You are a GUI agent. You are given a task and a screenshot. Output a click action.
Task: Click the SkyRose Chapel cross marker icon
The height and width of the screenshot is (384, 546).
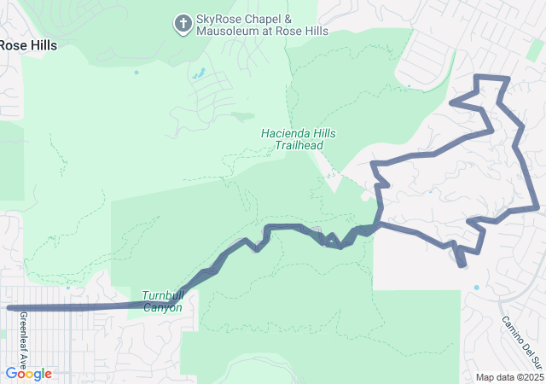coord(183,24)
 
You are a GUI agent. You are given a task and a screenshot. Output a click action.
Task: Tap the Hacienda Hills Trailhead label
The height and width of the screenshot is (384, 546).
coord(299,140)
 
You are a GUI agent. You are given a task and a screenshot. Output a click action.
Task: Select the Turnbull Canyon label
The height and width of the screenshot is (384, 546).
coord(162,301)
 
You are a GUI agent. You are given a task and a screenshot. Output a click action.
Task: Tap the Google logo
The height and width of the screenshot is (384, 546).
coord(28,374)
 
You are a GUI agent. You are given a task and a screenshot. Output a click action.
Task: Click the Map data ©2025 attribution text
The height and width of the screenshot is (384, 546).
coord(509,377)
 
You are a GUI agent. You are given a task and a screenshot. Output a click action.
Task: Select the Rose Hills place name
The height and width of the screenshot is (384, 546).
coord(28,45)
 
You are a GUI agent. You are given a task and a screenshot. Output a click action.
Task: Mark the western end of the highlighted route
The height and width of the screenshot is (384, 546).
coord(9,307)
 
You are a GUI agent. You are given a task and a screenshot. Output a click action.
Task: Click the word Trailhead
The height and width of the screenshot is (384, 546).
coord(299,146)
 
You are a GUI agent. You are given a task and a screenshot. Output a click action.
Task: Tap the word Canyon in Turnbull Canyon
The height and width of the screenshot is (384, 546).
coord(163,308)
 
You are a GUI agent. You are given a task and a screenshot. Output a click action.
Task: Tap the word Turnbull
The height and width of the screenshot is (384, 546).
coord(162,295)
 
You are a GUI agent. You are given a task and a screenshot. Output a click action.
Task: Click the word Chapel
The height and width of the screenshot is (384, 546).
coord(265,19)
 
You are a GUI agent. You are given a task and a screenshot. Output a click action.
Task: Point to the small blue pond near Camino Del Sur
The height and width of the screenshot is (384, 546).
coord(476,288)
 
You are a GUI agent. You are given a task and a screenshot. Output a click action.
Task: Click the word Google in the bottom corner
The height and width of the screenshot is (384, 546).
coord(28,374)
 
